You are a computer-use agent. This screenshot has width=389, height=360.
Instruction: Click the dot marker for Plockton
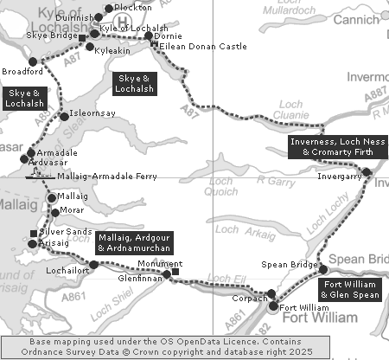107,8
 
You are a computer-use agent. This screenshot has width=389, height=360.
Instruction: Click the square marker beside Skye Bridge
82,39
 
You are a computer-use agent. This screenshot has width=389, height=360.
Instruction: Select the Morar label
73,212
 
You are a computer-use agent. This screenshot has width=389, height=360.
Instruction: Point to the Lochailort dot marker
93,264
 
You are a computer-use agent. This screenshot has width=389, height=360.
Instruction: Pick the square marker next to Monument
175,272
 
